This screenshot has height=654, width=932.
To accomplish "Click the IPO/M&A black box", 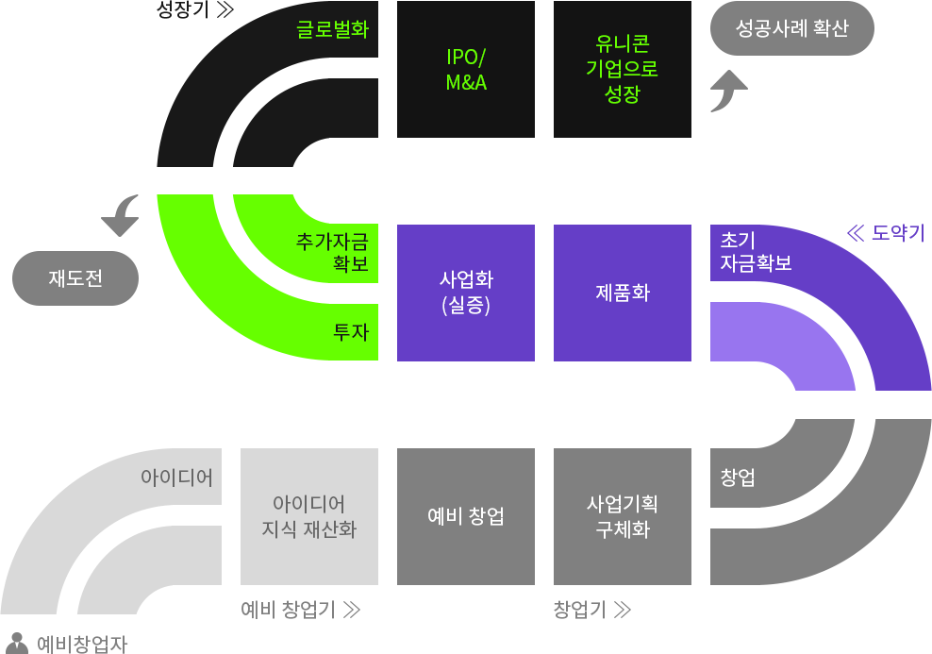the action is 466,69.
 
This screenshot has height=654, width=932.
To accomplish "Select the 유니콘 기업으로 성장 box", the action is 623,69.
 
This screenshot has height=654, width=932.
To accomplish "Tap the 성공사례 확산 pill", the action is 792,28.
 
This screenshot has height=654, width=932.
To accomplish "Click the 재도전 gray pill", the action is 75,278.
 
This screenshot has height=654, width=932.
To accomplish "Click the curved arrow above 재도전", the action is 122,215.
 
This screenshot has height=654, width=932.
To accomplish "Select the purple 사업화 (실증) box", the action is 466,293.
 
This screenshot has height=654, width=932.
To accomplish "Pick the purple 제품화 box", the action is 623,293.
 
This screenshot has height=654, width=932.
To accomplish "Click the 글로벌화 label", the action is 333,29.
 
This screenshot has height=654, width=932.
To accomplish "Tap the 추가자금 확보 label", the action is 333,252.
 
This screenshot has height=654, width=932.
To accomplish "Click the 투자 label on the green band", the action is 351,332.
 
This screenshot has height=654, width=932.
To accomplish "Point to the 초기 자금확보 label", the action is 756,252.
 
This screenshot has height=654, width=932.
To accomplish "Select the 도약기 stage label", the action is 886,233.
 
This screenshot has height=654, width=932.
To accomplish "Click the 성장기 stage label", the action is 195,9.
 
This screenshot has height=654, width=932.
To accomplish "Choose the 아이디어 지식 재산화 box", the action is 309,516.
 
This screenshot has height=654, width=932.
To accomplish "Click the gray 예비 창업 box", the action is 466,516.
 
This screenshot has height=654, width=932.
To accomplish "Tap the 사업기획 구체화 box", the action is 623,516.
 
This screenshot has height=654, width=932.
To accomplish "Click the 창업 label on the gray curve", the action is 738,478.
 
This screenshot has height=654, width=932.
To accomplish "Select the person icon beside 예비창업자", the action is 17,644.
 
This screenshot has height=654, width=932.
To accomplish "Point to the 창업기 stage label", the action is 592,610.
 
